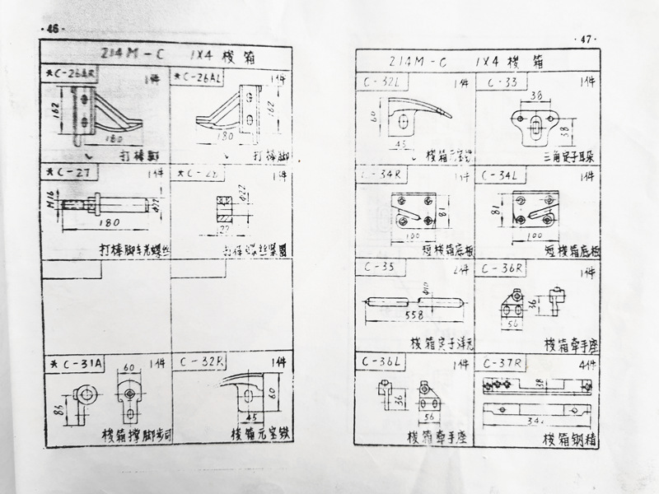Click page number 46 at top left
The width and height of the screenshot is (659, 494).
tap(54, 29)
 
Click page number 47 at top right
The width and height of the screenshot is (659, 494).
tap(586, 40)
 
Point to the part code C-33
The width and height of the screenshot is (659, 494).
tap(502, 82)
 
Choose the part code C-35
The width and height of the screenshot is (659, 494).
tap(378, 268)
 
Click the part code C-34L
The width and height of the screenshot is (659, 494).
tap(502, 175)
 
